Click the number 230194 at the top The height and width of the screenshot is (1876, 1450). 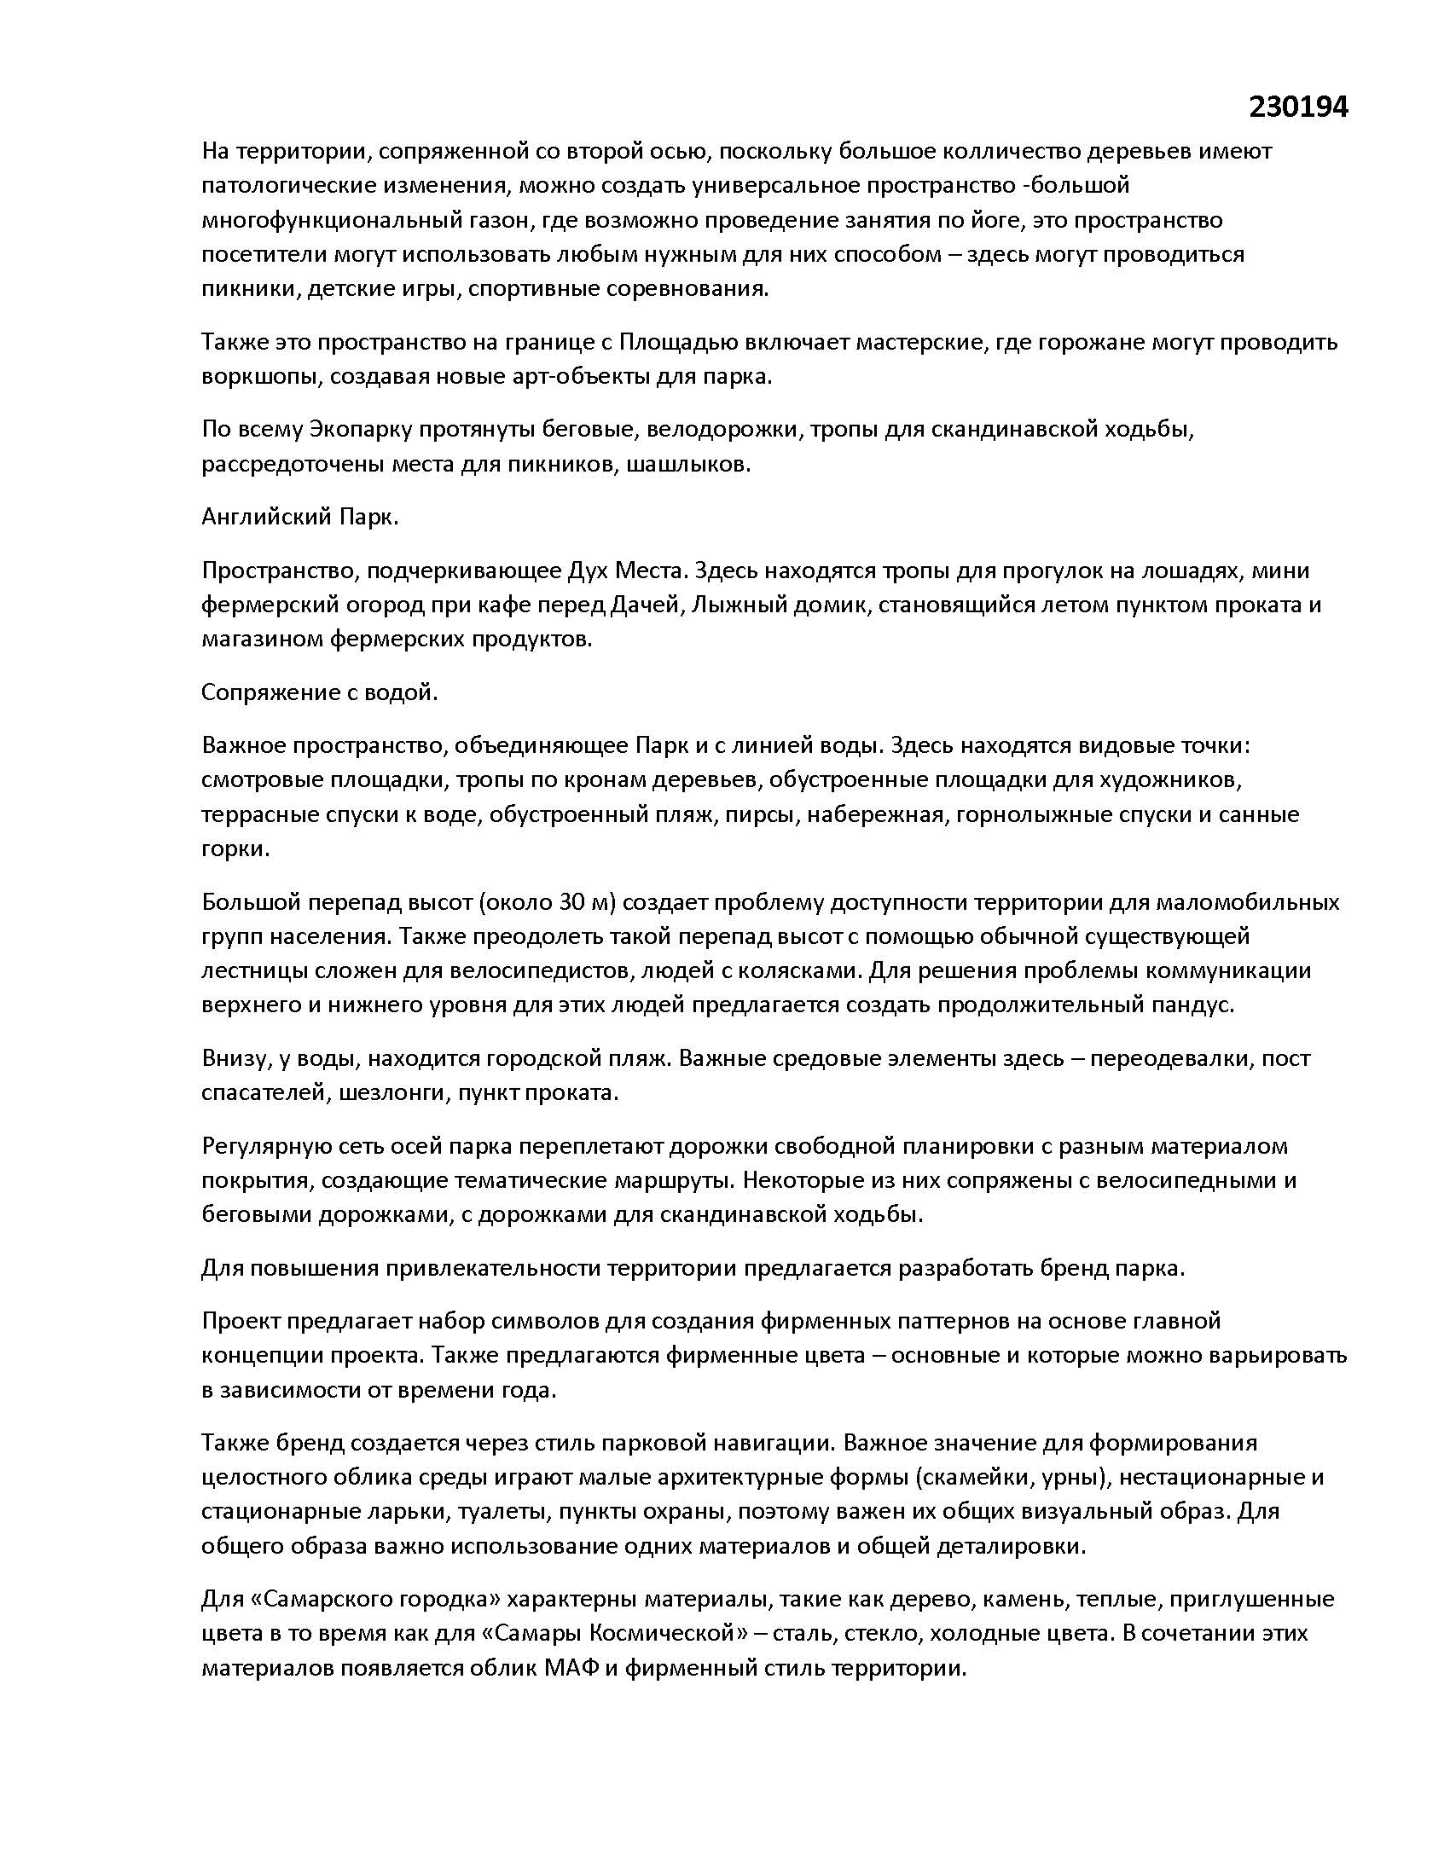coord(1298,107)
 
